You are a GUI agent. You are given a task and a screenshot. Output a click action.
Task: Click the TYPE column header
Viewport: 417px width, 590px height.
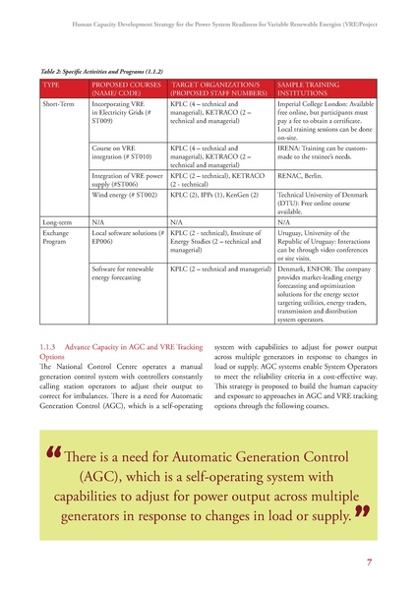coord(49,87)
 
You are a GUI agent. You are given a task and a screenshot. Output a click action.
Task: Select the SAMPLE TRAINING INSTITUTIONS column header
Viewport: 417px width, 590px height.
coord(305,89)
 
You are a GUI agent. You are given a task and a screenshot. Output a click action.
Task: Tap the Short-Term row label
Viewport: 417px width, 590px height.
coord(57,103)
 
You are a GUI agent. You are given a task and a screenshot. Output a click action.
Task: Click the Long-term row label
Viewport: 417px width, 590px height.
coord(55,222)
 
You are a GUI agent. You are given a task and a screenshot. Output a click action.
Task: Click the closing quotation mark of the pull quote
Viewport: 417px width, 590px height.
coord(366,512)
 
